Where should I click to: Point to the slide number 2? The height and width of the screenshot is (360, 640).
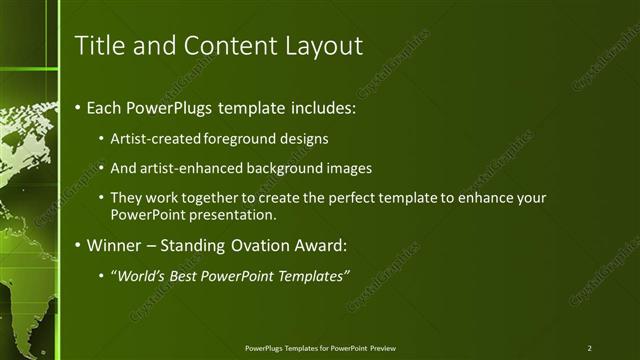[590, 348]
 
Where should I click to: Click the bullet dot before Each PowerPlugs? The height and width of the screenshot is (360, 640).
[78, 107]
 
